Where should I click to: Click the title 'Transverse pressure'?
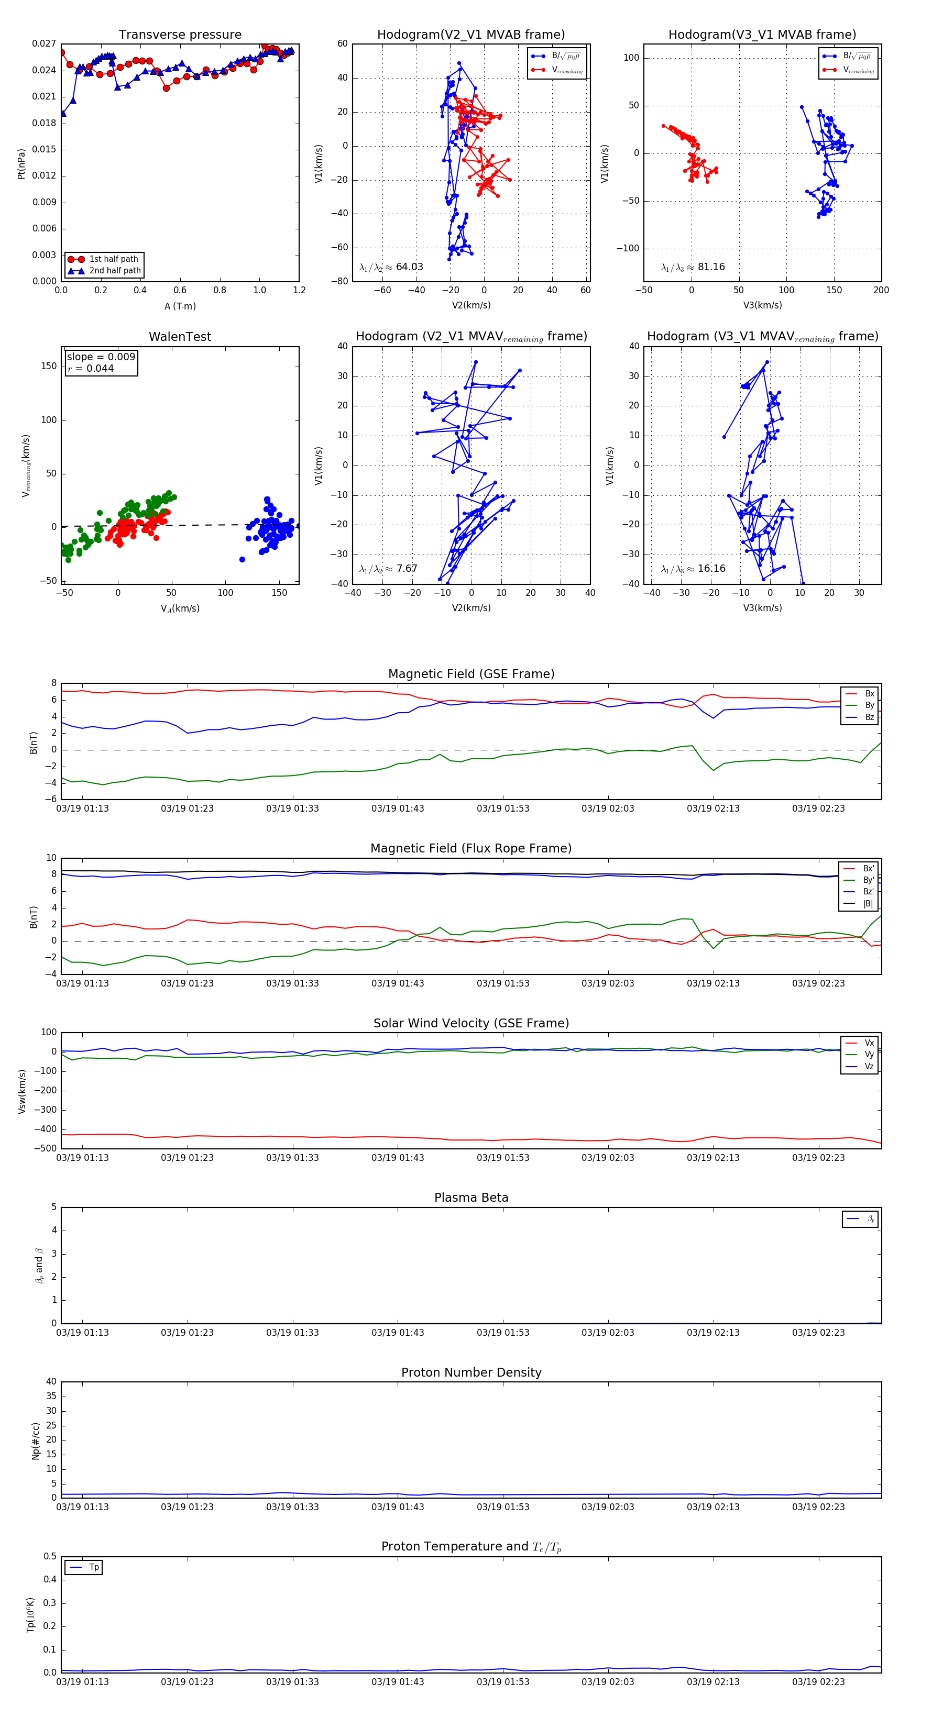click(180, 35)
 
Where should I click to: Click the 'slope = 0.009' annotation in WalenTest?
click(101, 357)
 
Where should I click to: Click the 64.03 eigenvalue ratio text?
click(409, 267)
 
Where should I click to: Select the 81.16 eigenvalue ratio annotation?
click(711, 267)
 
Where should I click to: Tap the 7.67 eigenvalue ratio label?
click(407, 569)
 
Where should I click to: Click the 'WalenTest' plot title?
click(180, 337)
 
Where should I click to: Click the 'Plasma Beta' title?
click(471, 1198)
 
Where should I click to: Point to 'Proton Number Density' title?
click(471, 1372)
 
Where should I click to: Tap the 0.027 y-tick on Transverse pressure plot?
click(45, 43)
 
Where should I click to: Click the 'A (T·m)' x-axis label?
click(180, 306)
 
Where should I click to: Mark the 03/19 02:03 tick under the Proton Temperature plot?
click(607, 1682)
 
